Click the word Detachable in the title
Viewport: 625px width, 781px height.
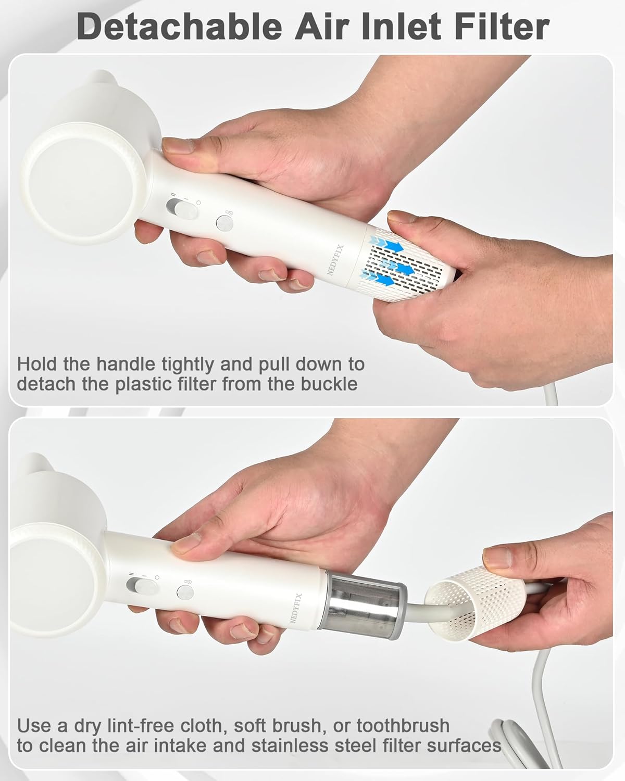click(x=179, y=27)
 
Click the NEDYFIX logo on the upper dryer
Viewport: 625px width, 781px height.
click(x=335, y=260)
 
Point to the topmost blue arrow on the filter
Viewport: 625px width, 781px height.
click(x=386, y=244)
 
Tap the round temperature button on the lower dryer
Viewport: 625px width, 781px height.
click(x=185, y=592)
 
